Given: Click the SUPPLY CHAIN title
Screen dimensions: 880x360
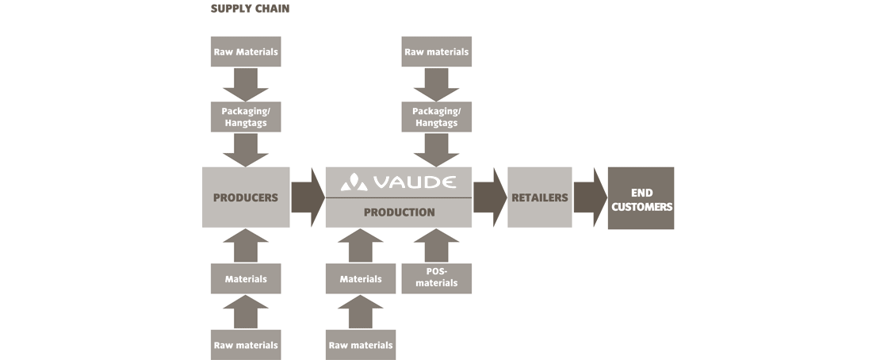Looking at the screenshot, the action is point(250,9).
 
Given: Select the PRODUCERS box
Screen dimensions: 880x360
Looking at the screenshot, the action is point(246,197).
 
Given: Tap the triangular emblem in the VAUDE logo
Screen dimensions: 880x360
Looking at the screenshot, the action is point(354,182).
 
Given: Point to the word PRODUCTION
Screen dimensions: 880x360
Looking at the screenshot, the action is point(399,213).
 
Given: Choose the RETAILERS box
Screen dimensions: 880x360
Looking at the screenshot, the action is point(540,197).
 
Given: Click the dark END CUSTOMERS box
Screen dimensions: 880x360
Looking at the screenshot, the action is point(641,197).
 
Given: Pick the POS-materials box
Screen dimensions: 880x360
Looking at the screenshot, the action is point(436,278).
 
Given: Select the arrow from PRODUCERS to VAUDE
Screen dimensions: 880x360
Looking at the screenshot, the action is point(308,197).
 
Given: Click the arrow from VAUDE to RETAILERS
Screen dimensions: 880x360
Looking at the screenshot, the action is point(490,197).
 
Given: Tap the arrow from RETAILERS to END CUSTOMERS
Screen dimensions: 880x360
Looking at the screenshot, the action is point(590,197).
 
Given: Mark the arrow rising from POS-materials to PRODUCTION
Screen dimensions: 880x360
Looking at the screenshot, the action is point(436,246).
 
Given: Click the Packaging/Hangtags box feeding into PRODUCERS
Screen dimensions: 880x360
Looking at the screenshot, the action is point(246,117).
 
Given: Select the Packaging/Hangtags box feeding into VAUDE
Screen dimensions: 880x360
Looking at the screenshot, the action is point(436,117).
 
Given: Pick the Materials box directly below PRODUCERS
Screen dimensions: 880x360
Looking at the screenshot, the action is point(246,278).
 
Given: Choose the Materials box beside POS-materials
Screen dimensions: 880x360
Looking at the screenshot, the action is point(360,278).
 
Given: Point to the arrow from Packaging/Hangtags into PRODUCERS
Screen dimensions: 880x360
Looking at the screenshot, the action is point(246,150).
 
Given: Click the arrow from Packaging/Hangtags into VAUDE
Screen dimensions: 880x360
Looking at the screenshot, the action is point(436,150).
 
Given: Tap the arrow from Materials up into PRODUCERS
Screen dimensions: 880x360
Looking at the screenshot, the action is point(246,246).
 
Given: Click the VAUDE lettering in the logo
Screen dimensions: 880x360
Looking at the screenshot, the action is point(414,182).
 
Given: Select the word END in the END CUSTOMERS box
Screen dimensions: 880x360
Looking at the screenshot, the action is point(641,193).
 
